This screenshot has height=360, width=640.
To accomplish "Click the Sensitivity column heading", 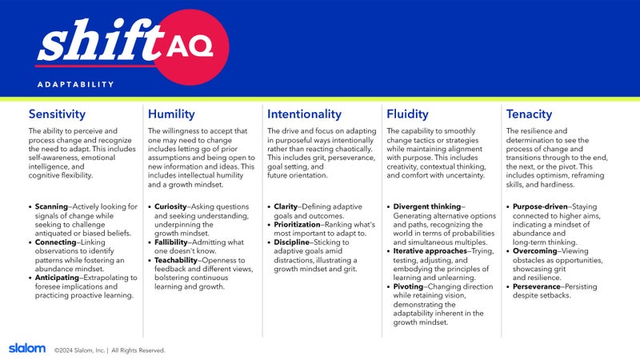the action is [57, 114].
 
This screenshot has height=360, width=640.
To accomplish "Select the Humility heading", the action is [171, 114].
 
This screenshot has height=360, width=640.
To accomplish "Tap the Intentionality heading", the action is [304, 114].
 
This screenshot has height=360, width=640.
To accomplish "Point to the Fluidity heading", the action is [407, 114].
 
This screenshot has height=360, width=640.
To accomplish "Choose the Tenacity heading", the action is [529, 114].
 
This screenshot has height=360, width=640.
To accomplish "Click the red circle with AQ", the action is [190, 47].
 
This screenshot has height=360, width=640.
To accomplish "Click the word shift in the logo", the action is [101, 41].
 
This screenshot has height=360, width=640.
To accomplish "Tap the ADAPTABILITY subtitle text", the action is [75, 85].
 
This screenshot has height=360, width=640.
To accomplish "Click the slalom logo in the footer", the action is [27, 348].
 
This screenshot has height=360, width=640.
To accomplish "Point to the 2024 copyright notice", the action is [110, 350].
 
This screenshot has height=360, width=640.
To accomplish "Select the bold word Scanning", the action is [51, 206].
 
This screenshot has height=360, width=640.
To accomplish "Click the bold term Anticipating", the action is [57, 278].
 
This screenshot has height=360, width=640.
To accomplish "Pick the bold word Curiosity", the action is [170, 206].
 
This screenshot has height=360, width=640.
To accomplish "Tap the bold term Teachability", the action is [176, 260].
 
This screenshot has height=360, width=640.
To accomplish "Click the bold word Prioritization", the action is [297, 225].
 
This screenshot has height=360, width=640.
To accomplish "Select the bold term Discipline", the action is [291, 242].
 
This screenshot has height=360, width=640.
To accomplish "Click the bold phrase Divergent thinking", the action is [427, 206].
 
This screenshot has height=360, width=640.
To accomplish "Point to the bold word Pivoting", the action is [408, 286].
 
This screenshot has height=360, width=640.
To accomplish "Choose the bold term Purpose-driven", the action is [540, 206].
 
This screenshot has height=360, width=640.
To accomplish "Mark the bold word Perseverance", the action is [537, 286].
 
